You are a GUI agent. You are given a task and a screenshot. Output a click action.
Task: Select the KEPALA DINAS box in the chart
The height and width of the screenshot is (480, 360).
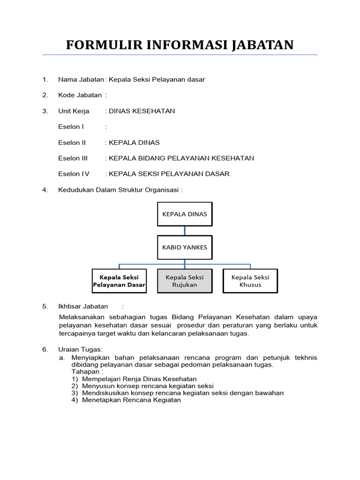184,214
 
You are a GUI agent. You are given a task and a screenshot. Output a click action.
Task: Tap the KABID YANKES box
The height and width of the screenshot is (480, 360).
184,247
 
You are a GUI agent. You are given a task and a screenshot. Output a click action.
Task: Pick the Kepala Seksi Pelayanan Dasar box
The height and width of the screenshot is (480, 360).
119,281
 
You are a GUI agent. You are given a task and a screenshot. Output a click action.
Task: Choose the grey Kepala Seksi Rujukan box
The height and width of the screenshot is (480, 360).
184,281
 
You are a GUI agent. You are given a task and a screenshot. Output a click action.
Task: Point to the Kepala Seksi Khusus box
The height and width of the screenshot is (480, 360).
250,281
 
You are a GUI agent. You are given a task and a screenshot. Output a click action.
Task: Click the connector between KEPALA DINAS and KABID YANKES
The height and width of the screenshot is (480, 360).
184,231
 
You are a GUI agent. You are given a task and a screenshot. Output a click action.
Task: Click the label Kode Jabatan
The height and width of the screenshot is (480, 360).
80,95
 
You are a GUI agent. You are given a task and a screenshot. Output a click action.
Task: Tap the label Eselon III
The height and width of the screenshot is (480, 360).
73,158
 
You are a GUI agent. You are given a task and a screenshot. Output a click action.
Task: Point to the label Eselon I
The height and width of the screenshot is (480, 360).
71,127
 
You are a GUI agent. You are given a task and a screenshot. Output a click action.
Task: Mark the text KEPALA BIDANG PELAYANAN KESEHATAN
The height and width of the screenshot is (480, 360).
181,158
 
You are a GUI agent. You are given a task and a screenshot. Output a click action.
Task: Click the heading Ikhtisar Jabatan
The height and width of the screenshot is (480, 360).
83,307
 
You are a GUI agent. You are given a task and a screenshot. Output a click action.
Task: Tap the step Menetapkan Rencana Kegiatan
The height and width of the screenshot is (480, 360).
131,400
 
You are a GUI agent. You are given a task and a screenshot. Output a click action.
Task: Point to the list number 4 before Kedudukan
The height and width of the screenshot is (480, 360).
45,190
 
